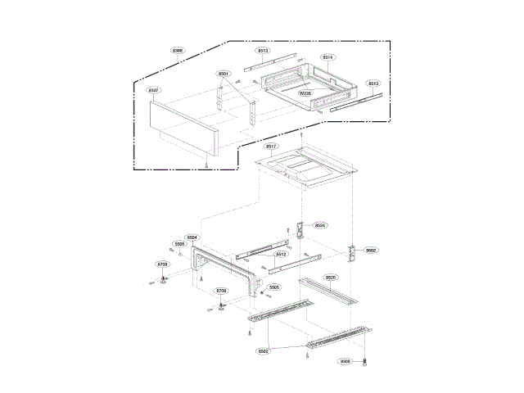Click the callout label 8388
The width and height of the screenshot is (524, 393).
pyautogui.click(x=178, y=51)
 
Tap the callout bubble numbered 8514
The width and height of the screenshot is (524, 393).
pyautogui.click(x=327, y=57)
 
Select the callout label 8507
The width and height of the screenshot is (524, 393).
pyautogui.click(x=154, y=90)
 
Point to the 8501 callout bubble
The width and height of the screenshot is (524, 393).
pyautogui.click(x=224, y=74)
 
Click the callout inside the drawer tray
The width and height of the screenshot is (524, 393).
pyautogui.click(x=305, y=94)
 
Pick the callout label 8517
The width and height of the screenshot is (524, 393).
pyautogui.click(x=272, y=146)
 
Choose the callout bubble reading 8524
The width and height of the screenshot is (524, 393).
pyautogui.click(x=320, y=225)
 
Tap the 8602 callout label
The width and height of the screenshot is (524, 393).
pyautogui.click(x=371, y=250)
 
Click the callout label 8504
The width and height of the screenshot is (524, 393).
pyautogui.click(x=192, y=237)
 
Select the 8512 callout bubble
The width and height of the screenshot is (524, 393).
pyautogui.click(x=281, y=255)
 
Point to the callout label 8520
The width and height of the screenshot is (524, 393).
pyautogui.click(x=331, y=278)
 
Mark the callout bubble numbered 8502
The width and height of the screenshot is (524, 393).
pyautogui.click(x=264, y=350)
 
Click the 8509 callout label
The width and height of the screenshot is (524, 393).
pyautogui.click(x=346, y=361)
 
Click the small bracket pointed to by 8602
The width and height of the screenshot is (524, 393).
pyautogui.click(x=355, y=254)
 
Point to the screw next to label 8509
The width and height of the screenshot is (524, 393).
pyautogui.click(x=364, y=360)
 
